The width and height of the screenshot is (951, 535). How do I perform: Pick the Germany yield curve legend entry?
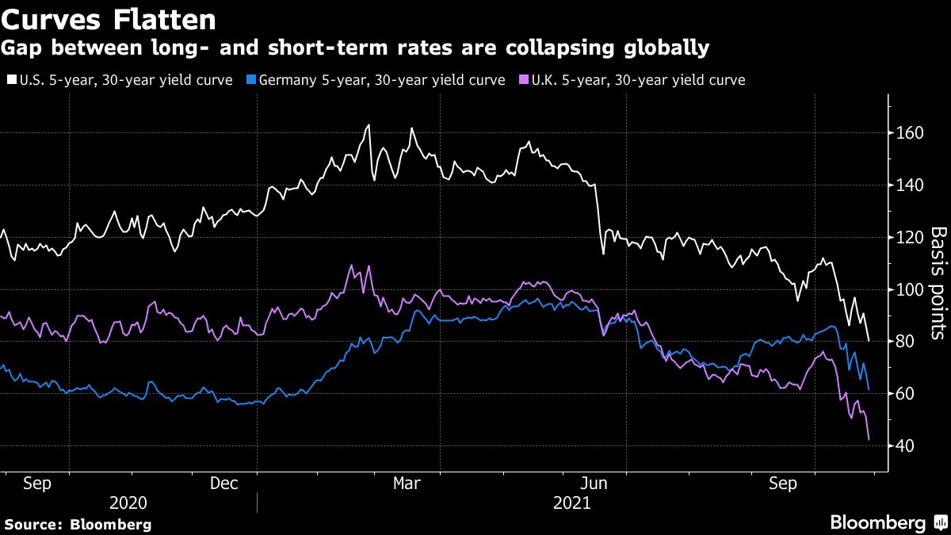pos(378,80)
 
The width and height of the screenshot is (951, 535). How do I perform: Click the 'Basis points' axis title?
pos(938,283)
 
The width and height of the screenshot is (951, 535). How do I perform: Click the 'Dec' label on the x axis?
pos(223,483)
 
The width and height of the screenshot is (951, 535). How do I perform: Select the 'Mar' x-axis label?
pos(407,483)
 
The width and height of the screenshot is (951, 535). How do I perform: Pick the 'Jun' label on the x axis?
pos(594,483)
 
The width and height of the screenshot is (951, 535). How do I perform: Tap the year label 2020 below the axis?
pos(129,503)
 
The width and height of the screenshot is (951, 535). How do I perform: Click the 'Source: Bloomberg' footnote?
pos(78,524)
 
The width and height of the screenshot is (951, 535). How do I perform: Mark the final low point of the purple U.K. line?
pos(869,439)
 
